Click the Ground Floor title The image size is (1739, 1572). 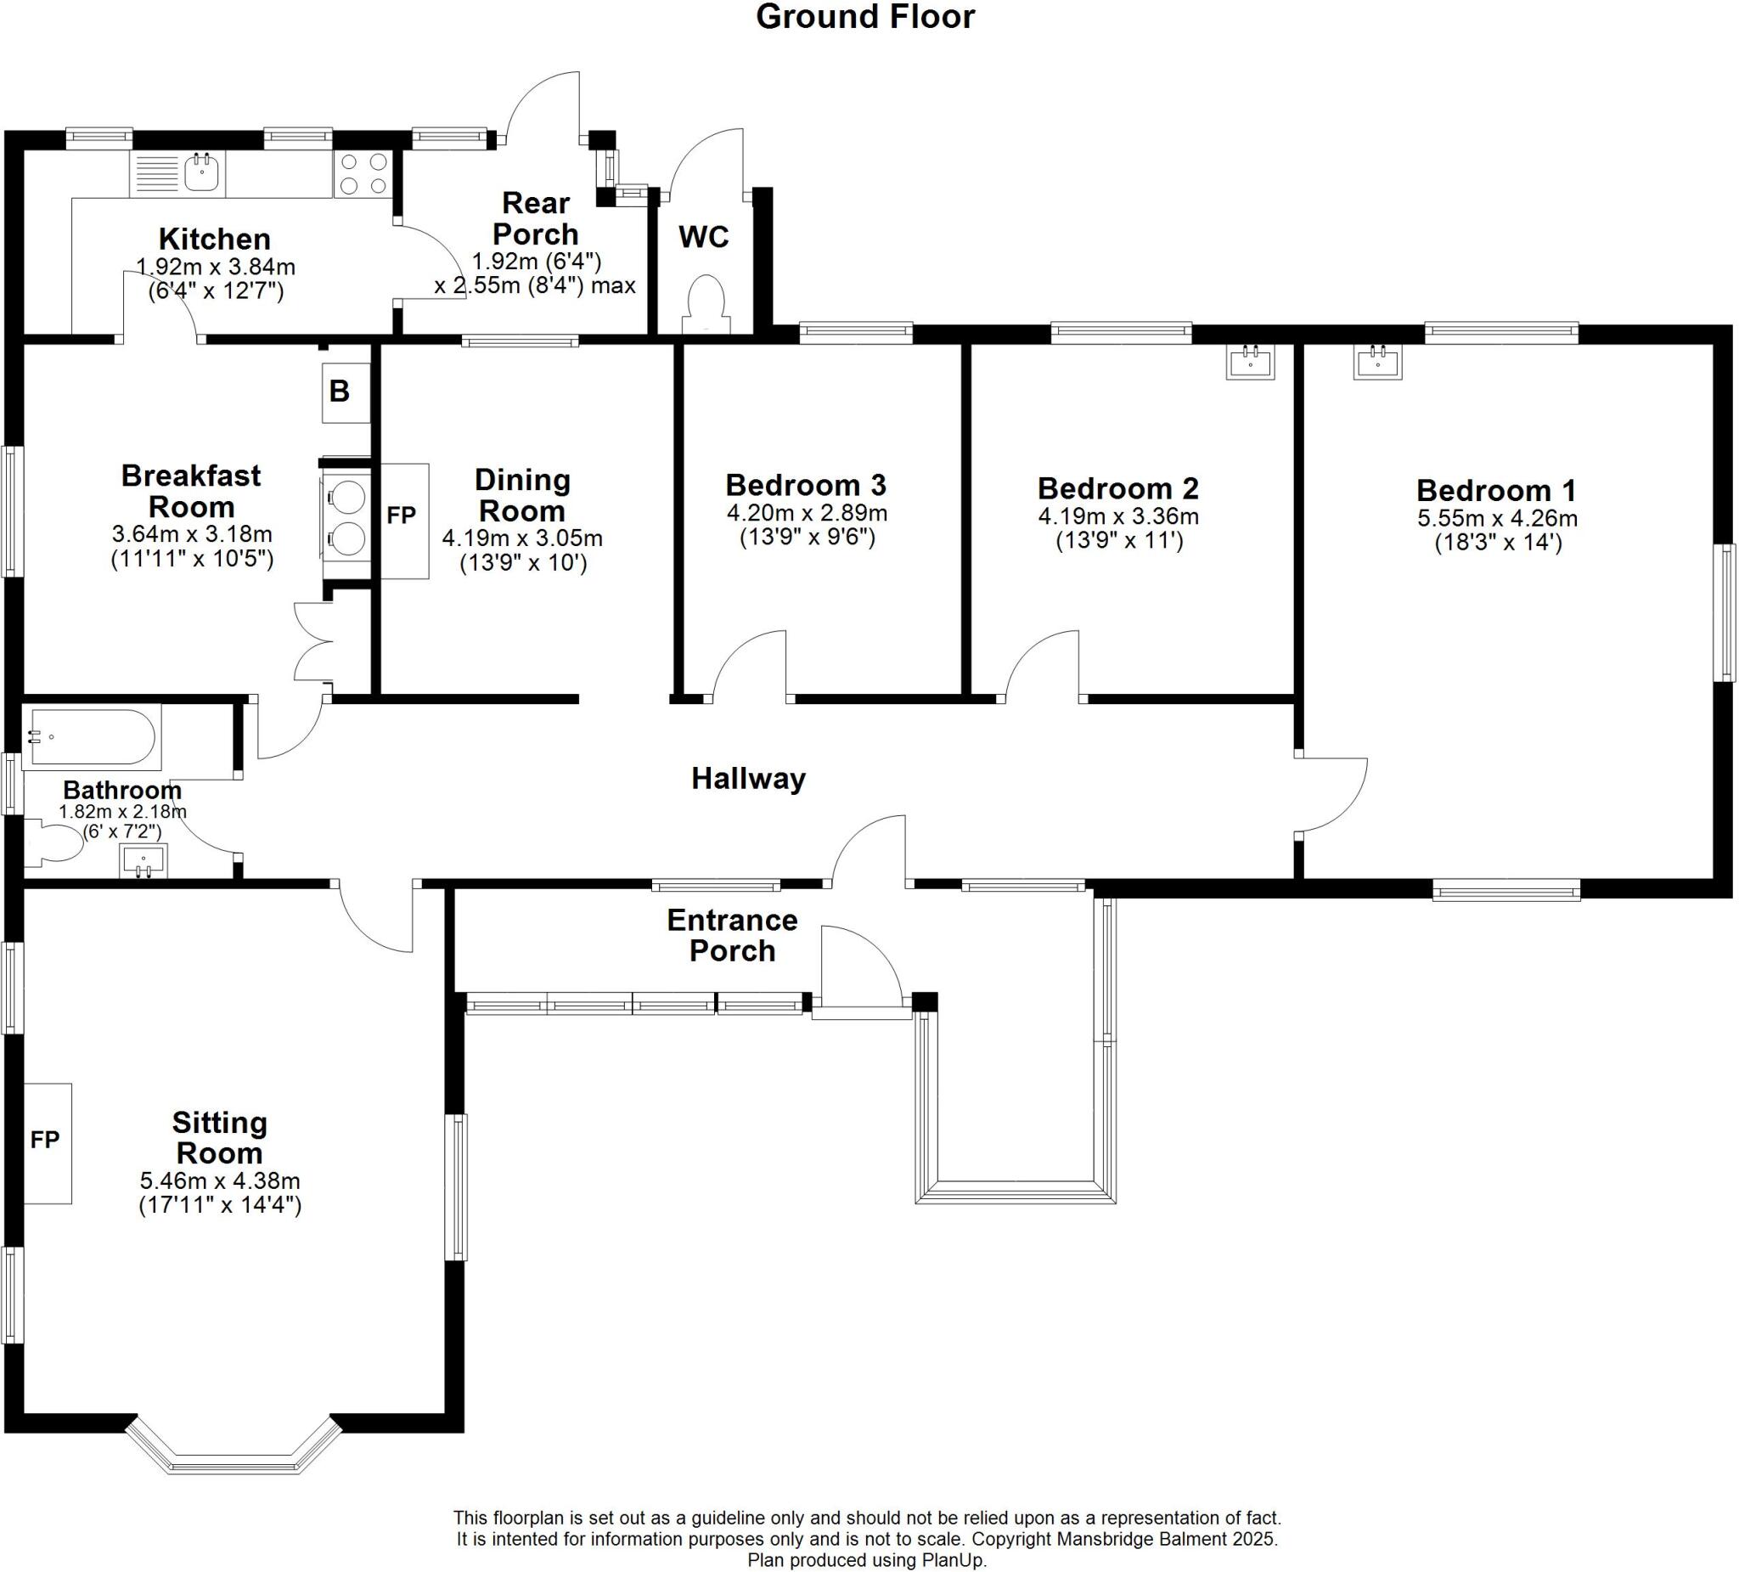(864, 17)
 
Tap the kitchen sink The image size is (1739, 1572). (203, 172)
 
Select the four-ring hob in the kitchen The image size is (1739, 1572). (363, 173)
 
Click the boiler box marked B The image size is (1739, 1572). (346, 392)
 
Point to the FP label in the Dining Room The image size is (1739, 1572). (401, 516)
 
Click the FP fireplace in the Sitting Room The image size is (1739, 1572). (47, 1142)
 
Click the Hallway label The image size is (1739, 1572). (748, 779)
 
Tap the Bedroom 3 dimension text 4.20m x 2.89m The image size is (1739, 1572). (807, 513)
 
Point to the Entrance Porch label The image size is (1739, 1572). (731, 935)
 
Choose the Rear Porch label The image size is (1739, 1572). (535, 218)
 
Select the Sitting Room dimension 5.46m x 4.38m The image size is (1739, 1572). (220, 1180)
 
